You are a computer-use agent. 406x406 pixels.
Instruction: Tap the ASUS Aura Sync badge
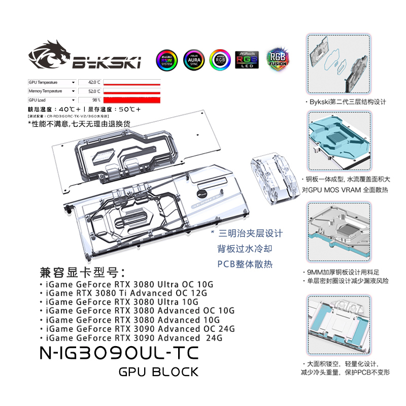193,60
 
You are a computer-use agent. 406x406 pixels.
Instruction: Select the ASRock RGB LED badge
247,59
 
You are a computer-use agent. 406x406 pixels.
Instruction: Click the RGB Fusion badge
277,59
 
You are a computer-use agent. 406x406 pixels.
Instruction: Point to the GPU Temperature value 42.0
94,82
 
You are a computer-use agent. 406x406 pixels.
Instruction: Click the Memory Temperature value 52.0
94,91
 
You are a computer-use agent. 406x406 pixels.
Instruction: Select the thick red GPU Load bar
132,100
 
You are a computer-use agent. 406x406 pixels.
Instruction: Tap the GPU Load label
38,100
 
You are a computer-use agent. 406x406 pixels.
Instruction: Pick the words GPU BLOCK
158,372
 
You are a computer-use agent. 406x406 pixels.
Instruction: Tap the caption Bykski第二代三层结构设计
347,101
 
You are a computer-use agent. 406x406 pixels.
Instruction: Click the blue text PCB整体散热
242,264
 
